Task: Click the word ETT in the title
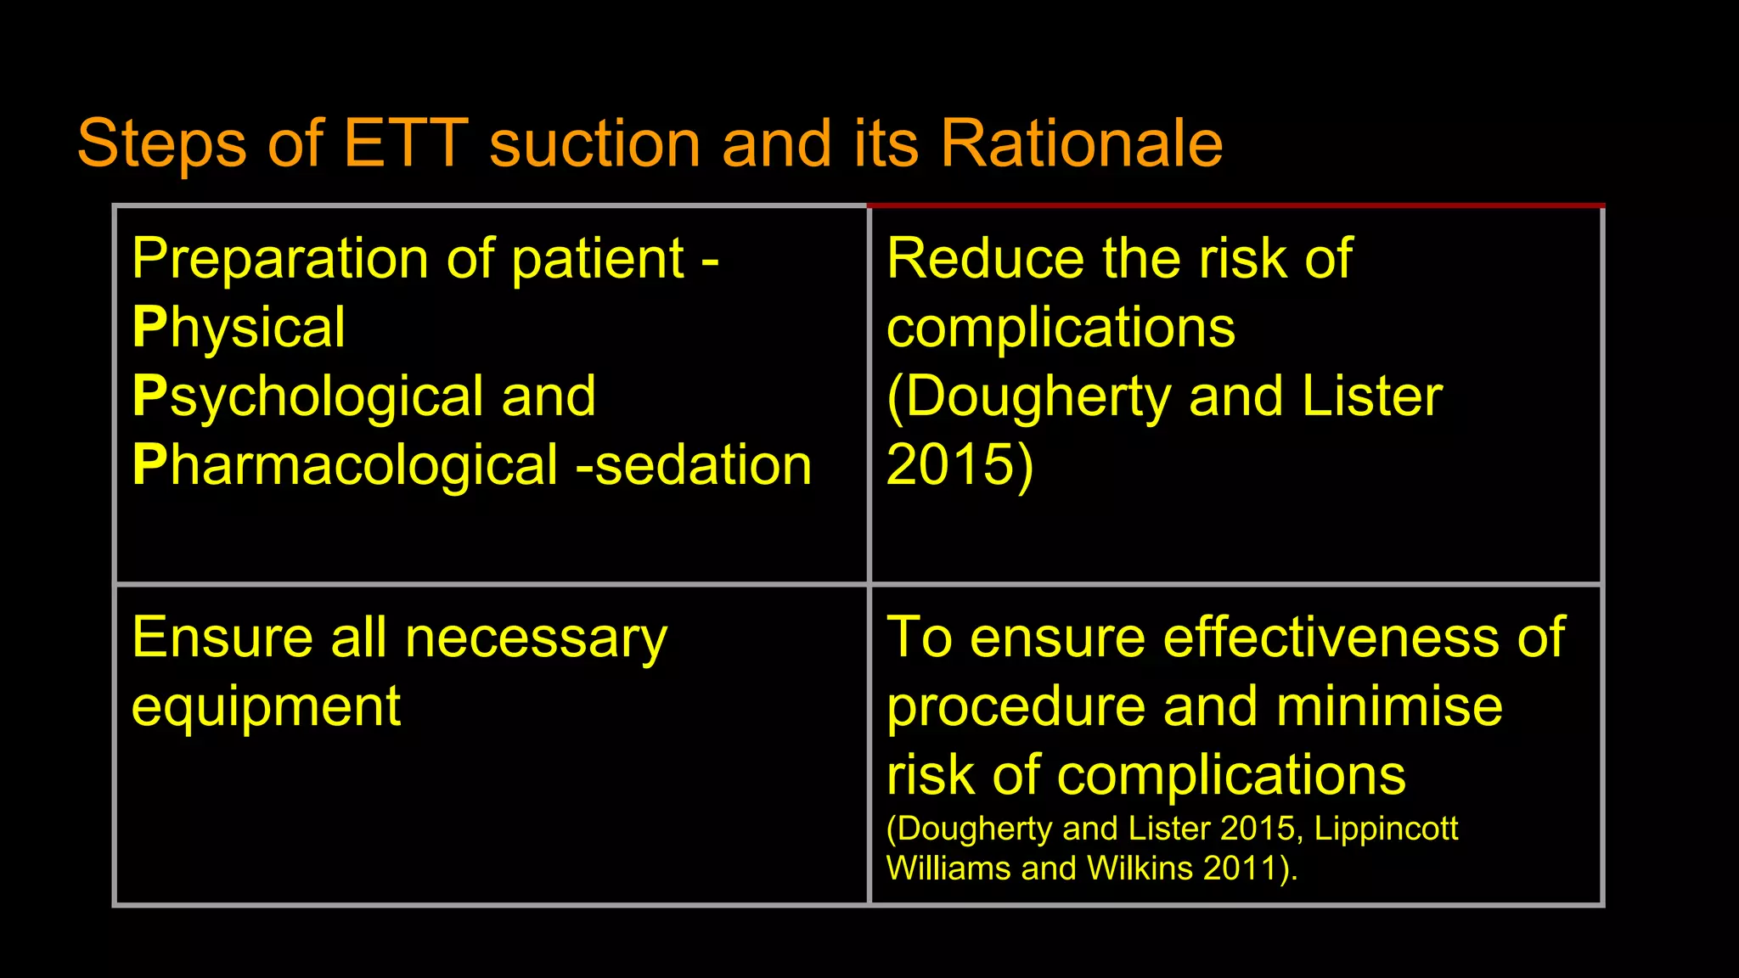(406, 143)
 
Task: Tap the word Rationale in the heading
(1081, 143)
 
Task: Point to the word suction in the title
(595, 143)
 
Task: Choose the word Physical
(239, 328)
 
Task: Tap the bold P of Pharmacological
(149, 465)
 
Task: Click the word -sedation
(694, 465)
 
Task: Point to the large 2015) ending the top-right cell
(960, 465)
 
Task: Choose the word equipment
(266, 707)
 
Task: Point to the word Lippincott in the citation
(1386, 829)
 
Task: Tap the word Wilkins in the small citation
(1140, 868)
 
